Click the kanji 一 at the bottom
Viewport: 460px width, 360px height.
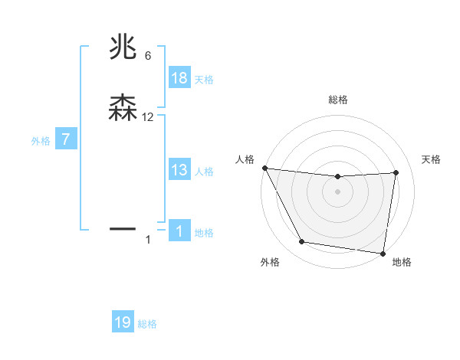point(123,228)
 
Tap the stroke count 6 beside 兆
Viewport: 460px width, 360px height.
point(148,56)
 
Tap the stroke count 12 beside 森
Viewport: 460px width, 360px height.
point(148,117)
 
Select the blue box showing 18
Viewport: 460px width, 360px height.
point(179,78)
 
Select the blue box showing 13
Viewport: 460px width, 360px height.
point(179,170)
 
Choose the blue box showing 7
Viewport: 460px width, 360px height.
point(66,140)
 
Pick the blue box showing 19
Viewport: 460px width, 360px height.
point(123,322)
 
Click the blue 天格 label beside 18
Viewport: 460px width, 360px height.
point(204,79)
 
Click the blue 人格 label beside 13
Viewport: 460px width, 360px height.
point(204,171)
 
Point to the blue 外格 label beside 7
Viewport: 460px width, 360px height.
point(41,141)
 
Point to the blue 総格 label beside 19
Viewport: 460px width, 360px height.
point(147,324)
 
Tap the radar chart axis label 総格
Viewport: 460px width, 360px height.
point(337,100)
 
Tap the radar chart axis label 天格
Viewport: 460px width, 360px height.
point(432,159)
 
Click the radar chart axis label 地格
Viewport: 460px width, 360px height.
point(402,262)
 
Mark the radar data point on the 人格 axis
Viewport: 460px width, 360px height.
point(264,168)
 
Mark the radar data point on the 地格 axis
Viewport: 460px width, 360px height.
point(383,253)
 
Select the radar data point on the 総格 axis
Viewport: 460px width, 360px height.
point(337,177)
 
